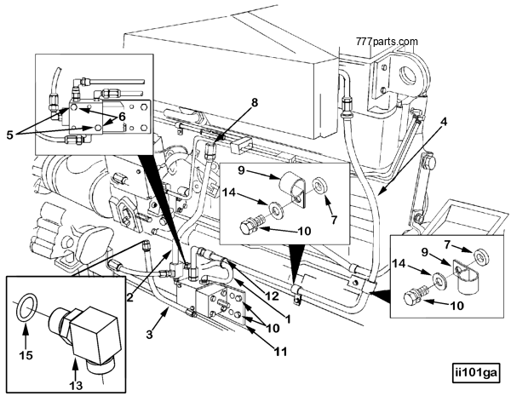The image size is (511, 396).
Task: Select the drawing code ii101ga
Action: (x=478, y=371)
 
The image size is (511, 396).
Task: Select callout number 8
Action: (x=253, y=103)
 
